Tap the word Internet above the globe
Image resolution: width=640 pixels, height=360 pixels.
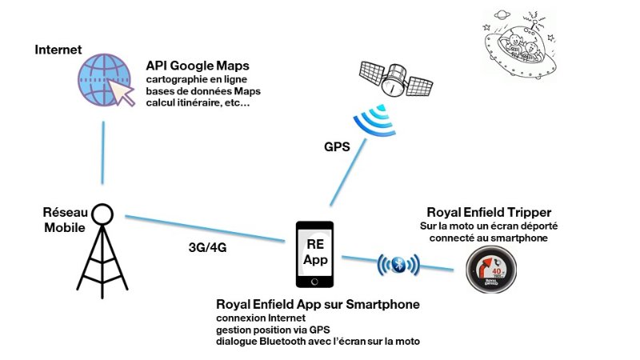click(58, 50)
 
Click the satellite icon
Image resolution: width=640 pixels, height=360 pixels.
click(395, 78)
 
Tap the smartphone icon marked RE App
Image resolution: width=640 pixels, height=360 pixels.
click(314, 254)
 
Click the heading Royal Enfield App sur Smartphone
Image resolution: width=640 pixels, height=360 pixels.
click(318, 305)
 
